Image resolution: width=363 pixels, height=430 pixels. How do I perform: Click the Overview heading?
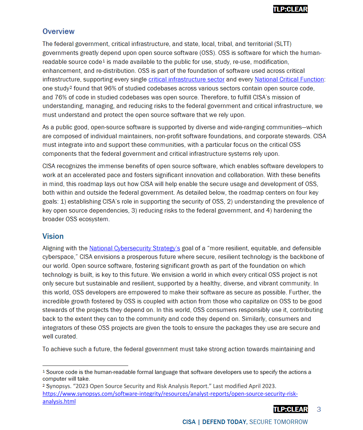click(x=58, y=31)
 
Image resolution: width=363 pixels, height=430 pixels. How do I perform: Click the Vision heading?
click(x=53, y=236)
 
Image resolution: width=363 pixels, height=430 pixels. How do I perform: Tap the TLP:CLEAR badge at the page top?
click(x=290, y=9)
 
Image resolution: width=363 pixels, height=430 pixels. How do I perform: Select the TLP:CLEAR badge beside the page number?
click(x=290, y=409)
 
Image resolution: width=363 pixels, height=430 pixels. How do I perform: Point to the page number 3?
click(x=319, y=409)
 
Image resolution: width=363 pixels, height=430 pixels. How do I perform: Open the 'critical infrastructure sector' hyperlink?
click(x=186, y=79)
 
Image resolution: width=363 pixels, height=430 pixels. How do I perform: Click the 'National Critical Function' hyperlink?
click(x=289, y=79)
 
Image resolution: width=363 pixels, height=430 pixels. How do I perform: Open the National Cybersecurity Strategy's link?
click(x=135, y=248)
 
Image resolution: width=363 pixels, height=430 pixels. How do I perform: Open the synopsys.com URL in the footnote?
click(x=170, y=394)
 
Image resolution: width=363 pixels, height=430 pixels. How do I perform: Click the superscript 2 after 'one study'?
click(x=70, y=87)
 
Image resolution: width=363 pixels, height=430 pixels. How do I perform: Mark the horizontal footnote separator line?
click(x=85, y=365)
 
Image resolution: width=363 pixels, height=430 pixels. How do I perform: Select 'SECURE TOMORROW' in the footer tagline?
click(x=279, y=422)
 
